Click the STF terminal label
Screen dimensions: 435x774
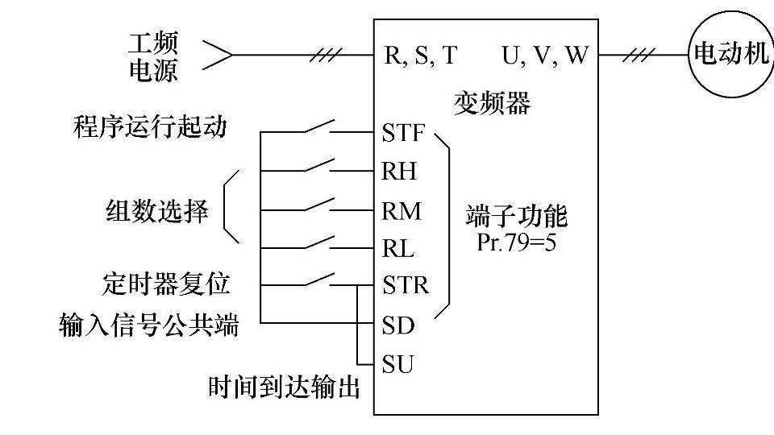(x=402, y=134)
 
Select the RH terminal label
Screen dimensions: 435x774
(x=399, y=172)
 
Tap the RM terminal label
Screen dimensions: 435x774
(x=402, y=211)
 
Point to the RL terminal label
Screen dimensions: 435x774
(x=398, y=249)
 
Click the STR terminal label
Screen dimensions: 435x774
(x=405, y=285)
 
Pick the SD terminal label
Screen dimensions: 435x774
(x=397, y=325)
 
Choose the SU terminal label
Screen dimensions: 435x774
(x=397, y=364)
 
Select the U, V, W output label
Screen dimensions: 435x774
(x=545, y=56)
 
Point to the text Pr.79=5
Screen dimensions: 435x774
(x=516, y=242)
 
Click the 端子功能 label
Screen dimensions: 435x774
(x=516, y=217)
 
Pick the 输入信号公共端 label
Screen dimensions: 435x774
(x=149, y=326)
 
